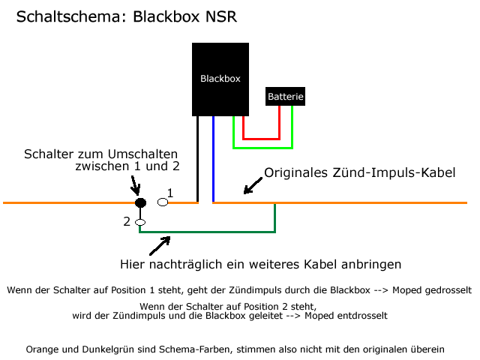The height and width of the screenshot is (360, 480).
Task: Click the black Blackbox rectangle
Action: coord(220,79)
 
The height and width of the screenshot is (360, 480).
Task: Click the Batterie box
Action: coord(285,97)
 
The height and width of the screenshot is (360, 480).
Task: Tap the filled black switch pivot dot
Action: coord(140,202)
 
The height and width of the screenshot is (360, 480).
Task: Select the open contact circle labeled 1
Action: coord(163,202)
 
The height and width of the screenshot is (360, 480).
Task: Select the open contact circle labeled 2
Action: coord(140,222)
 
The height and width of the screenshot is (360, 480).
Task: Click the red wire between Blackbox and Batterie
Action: coord(261,139)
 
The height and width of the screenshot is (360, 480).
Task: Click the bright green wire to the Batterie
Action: coord(262,148)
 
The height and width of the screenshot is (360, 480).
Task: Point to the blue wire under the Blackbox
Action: coord(213,159)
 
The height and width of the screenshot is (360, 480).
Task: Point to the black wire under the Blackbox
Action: coord(197,159)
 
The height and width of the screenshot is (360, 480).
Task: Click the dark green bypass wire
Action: coord(207,232)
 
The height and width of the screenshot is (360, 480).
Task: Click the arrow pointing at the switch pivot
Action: coord(135,185)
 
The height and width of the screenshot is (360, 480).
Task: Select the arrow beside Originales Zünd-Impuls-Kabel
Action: coord(253,185)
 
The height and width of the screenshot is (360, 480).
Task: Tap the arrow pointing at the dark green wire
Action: coord(160,245)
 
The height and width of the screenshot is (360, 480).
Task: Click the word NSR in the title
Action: coord(221,16)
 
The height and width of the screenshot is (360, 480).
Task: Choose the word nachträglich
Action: coord(185,265)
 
